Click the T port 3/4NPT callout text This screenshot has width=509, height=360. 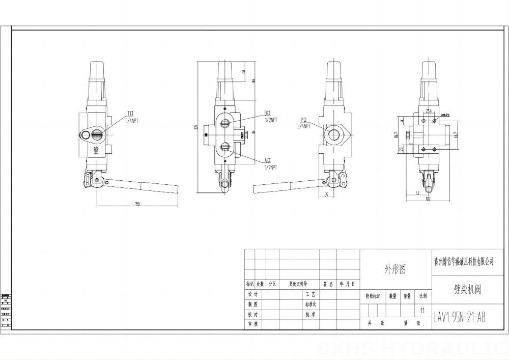point(133,117)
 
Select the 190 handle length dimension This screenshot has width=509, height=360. point(137,204)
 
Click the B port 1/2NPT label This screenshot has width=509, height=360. point(270,117)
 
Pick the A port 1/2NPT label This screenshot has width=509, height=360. point(270,163)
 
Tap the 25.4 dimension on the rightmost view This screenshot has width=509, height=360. point(429,110)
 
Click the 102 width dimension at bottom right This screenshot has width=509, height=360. point(428,199)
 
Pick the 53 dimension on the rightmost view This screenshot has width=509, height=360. point(417,193)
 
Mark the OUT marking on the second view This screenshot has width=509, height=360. point(241,135)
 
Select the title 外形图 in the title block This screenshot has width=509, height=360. point(395,269)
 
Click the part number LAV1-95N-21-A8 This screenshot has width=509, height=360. point(459,317)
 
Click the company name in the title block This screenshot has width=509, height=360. point(463,261)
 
